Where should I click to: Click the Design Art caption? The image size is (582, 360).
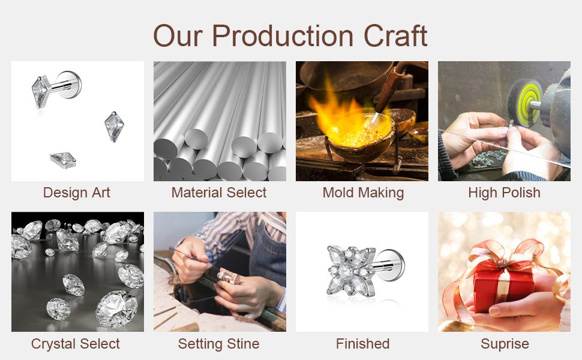click(x=77, y=193)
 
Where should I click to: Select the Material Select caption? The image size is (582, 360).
click(x=219, y=193)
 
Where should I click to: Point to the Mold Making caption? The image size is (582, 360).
click(x=363, y=193)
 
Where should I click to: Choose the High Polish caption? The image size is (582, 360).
click(x=504, y=193)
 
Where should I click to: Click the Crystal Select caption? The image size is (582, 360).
click(x=76, y=344)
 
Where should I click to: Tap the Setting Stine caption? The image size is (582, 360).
click(x=218, y=344)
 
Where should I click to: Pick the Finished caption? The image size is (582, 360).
click(x=362, y=344)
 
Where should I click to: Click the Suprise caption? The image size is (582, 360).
click(x=505, y=344)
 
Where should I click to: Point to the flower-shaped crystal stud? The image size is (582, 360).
click(x=346, y=270)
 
